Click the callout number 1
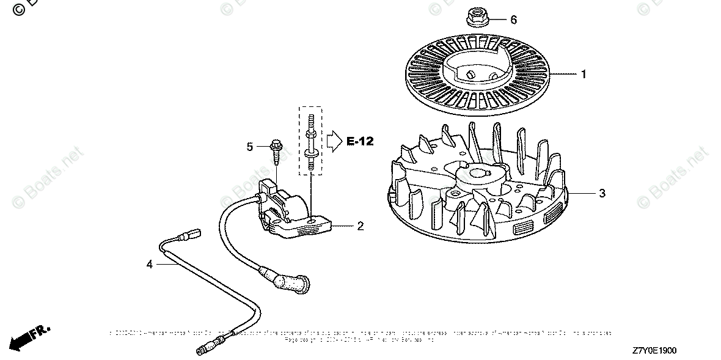tap(584, 75)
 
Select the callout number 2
tap(360, 226)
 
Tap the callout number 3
tap(602, 194)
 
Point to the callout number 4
tap(149, 264)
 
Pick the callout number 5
tap(250, 147)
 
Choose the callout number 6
tap(513, 20)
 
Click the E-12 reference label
tap(360, 141)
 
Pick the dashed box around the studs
tap(311, 139)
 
